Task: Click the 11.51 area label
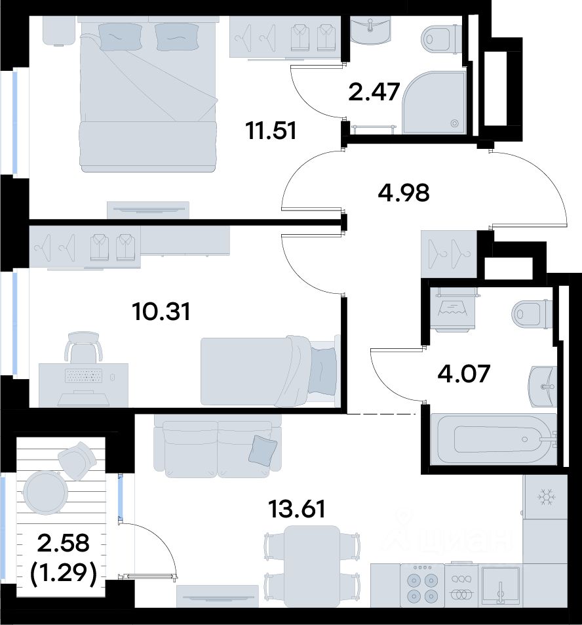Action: [x=272, y=131]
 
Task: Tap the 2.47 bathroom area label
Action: [x=374, y=92]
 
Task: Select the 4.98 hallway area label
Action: [x=404, y=193]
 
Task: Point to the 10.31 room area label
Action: [x=162, y=312]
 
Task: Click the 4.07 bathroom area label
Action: [x=463, y=374]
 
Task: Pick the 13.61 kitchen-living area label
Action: [x=297, y=509]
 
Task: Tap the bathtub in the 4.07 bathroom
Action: [x=494, y=439]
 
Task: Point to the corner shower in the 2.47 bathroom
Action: [x=435, y=102]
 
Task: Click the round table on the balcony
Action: [x=45, y=491]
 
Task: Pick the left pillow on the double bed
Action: [x=121, y=36]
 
